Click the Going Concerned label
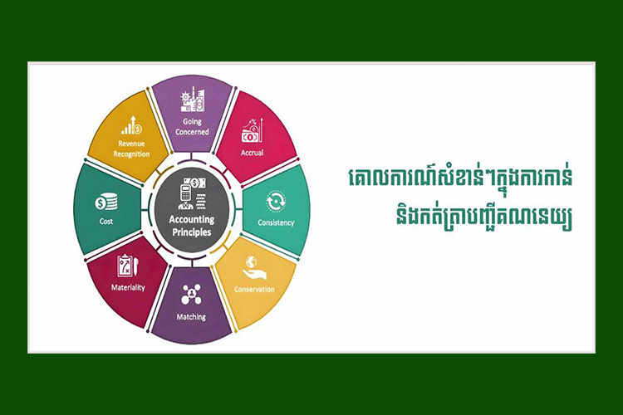point(192,127)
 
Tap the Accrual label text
point(252,153)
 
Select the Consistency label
point(276,222)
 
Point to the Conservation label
point(254,289)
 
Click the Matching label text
point(191,317)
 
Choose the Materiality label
point(128,287)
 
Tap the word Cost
point(106,222)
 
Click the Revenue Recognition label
point(131,149)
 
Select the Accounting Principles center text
point(192,226)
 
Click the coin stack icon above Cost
point(106,202)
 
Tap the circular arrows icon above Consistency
point(276,202)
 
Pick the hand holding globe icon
point(254,268)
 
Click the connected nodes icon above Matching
point(191,295)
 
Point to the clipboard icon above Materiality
point(128,266)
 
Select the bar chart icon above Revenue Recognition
point(131,125)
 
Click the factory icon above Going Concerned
point(193,100)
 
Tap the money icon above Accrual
point(253,130)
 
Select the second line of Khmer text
point(484,217)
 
